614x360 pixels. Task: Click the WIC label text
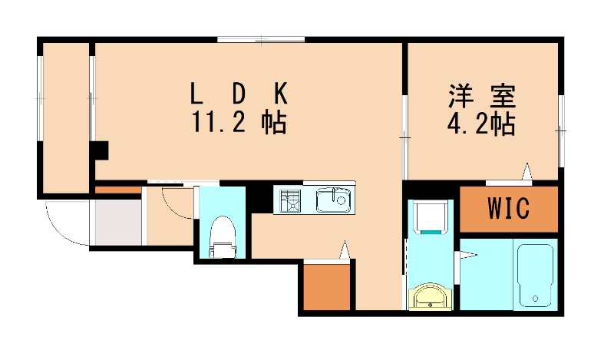pyautogui.click(x=509, y=208)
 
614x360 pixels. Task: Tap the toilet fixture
pyautogui.click(x=223, y=237)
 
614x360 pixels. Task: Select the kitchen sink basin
pyautogui.click(x=333, y=200)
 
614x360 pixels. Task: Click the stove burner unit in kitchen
pyautogui.click(x=290, y=200)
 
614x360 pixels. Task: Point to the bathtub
pyautogui.click(x=535, y=276)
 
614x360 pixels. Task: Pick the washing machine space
pyautogui.click(x=430, y=217)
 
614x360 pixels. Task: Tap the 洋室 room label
pyautogui.click(x=482, y=96)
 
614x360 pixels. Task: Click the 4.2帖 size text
pyautogui.click(x=481, y=124)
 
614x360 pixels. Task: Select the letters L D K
pyautogui.click(x=239, y=93)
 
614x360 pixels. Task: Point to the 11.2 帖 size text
pyautogui.click(x=239, y=122)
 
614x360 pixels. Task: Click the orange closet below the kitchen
pyautogui.click(x=326, y=287)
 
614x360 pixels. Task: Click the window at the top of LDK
pyautogui.click(x=261, y=39)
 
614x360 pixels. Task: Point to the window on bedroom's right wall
pyautogui.click(x=561, y=130)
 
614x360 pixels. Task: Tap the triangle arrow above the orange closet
pyautogui.click(x=344, y=249)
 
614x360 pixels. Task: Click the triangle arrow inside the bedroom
pyautogui.click(x=527, y=172)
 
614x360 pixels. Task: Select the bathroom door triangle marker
pyautogui.click(x=468, y=256)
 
